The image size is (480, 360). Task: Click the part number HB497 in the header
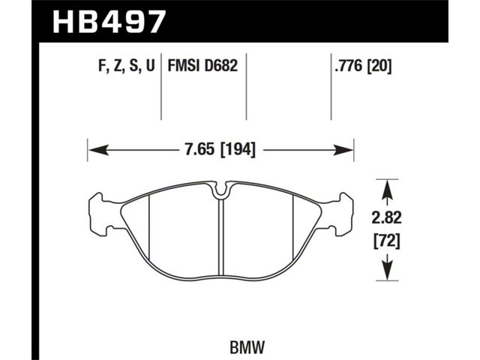(109, 21)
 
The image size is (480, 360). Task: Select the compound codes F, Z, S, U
(127, 65)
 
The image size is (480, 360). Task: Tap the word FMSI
(184, 65)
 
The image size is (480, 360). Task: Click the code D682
(220, 65)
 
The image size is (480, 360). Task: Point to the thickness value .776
(349, 65)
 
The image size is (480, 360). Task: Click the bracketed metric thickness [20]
(379, 65)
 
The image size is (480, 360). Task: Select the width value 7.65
(200, 150)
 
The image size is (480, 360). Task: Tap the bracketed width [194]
(238, 150)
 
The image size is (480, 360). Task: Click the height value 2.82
(386, 217)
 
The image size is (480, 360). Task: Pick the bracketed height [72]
(386, 241)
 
